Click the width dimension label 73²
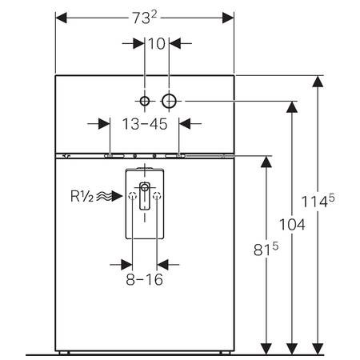tap(145, 18)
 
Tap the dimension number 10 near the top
tap(157, 44)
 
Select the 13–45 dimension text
tap(145, 124)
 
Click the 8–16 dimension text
tap(145, 279)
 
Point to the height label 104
tap(292, 225)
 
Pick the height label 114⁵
tap(318, 201)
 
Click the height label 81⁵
tap(266, 249)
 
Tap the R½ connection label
tap(82, 196)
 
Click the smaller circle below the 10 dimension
tap(145, 102)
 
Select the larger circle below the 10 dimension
tap(169, 102)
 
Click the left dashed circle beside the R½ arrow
tap(133, 196)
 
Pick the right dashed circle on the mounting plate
tap(157, 196)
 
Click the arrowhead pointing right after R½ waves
tap(117, 196)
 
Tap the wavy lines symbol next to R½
tap(104, 196)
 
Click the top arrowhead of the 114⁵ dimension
tap(318, 82)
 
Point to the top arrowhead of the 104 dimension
tap(292, 107)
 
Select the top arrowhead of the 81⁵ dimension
tap(266, 162)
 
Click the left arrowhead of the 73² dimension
tap(61, 18)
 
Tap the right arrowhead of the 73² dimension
tap(228, 18)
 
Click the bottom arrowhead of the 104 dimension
tap(292, 349)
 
